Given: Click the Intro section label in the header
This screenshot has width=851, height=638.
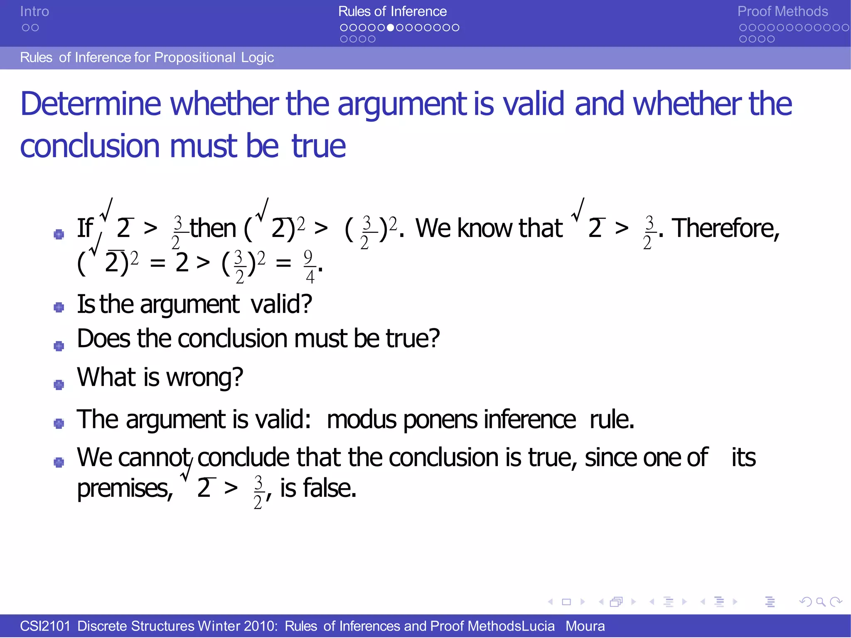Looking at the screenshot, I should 34,12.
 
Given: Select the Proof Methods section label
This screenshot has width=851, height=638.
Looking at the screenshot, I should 782,12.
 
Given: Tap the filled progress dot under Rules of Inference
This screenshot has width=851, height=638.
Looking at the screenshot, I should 390,28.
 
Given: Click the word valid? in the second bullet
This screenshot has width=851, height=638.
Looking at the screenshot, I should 281,304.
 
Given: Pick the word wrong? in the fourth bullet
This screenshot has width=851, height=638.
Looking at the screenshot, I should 204,377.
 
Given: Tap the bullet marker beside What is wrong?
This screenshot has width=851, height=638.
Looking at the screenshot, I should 59,385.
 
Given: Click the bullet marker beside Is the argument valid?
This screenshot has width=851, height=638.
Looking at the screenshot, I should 59,307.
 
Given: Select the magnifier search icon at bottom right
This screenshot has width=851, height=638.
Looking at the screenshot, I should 821,601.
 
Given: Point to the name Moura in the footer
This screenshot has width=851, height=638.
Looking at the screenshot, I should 585,626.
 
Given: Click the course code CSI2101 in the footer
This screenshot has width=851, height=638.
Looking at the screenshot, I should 45,626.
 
